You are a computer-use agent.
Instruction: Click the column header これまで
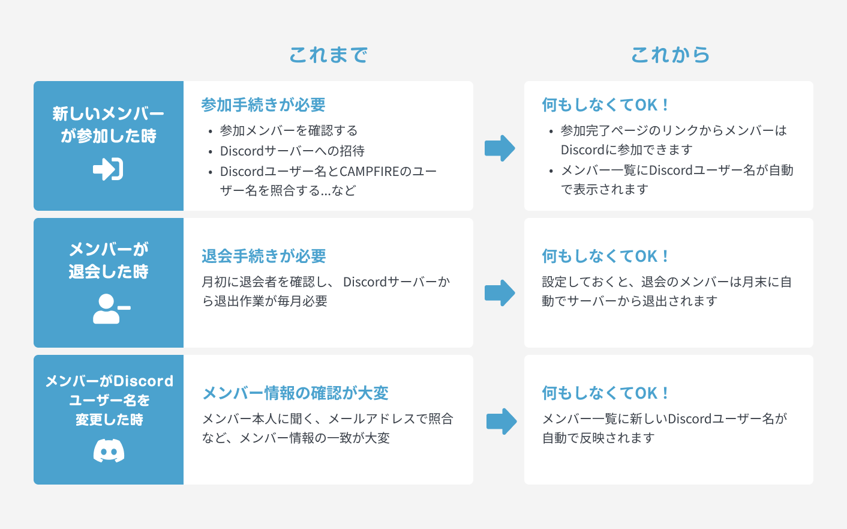coord(328,55)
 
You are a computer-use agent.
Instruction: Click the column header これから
coord(670,55)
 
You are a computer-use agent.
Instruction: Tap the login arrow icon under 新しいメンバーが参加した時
coord(108,169)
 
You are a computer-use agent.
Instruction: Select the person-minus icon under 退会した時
coord(111,309)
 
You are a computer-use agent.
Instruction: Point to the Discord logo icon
coord(109,450)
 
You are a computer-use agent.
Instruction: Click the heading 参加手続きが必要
coord(263,105)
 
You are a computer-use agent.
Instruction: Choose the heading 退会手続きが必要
coord(264,256)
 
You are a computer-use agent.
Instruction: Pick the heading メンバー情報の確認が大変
coord(295,393)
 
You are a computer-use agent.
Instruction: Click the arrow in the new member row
coord(500,148)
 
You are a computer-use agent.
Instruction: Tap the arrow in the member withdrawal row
coord(500,293)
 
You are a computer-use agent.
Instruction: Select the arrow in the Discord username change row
coord(501,422)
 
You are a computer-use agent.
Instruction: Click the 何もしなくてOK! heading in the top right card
coord(605,105)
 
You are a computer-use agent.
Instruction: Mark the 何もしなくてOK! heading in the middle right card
coord(605,256)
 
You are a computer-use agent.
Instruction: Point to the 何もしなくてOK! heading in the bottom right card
coord(605,393)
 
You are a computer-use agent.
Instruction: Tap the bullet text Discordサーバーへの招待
coord(292,151)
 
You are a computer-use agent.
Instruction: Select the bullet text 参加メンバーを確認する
coord(289,131)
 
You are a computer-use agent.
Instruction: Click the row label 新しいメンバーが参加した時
coord(109,124)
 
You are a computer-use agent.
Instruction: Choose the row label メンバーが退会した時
coord(109,260)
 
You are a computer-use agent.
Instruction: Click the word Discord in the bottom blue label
coord(144,381)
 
